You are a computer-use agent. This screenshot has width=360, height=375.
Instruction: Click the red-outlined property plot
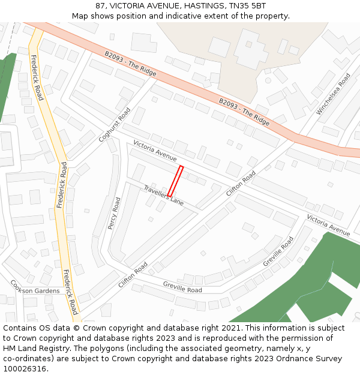(x=175, y=181)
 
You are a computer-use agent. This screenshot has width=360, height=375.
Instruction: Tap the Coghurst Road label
(x=115, y=125)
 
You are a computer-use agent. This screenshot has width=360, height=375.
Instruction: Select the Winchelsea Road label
(x=334, y=94)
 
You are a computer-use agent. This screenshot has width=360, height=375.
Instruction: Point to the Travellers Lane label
(x=163, y=196)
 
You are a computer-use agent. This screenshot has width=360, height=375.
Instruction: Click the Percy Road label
(x=115, y=213)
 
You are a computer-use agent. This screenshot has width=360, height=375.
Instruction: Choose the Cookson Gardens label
(x=35, y=290)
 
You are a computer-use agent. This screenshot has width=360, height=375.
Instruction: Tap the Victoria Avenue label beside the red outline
(x=155, y=152)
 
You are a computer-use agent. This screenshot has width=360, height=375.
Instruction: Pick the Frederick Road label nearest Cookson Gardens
(x=70, y=292)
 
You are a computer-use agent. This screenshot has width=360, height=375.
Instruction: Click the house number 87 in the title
(x=100, y=6)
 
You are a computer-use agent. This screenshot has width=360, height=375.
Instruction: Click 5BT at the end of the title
(x=257, y=6)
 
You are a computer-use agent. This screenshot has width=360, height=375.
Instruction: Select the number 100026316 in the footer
(x=25, y=369)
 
